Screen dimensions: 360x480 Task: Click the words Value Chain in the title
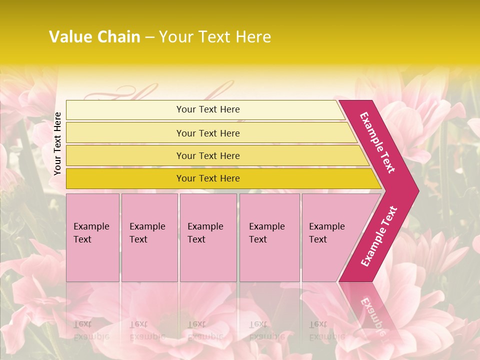coord(94,37)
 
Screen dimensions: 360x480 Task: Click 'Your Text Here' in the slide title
coord(215,37)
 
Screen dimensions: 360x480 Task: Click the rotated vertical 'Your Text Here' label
coord(58,143)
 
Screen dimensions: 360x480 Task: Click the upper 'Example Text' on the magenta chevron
coord(377,142)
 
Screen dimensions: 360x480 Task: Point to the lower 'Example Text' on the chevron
coord(379,236)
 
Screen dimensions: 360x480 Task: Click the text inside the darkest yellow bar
coord(208,178)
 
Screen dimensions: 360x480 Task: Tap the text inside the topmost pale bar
coord(208,109)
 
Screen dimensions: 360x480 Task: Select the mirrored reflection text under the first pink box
coord(91,330)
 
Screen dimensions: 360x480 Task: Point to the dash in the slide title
coord(149,37)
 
